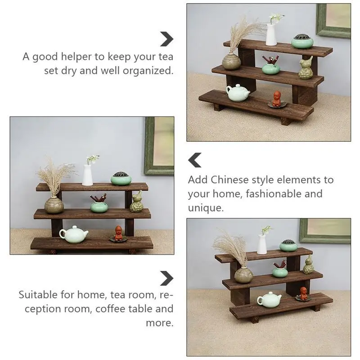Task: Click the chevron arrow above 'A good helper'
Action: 167,39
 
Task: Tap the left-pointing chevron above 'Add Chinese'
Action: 195,160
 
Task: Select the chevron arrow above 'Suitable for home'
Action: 167,278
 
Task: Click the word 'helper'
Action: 76,57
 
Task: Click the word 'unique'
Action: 206,208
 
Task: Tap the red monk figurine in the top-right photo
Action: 277,99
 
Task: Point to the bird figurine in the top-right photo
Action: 306,68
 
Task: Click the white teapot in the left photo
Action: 74,234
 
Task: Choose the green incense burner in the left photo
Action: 121,179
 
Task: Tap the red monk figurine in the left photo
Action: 118,233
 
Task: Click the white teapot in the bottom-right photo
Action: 269,300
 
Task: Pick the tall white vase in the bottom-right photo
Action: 262,244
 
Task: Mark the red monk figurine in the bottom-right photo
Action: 303,293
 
